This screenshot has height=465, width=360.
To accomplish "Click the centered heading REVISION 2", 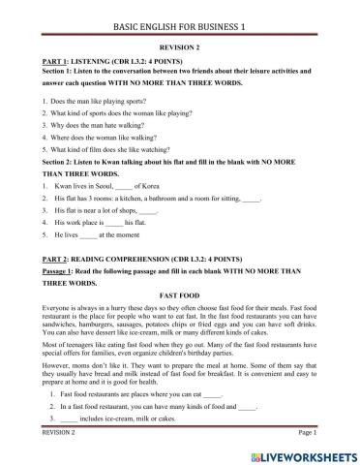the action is click(x=179, y=46).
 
